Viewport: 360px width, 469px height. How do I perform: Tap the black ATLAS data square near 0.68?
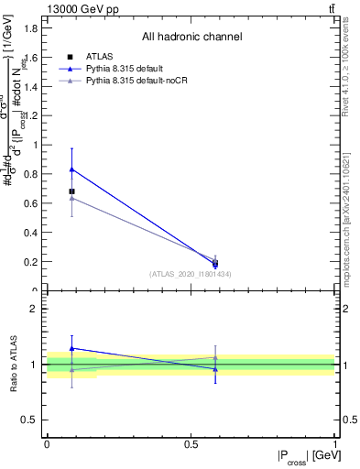click(72, 191)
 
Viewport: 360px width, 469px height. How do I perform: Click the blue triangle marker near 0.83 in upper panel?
click(72, 169)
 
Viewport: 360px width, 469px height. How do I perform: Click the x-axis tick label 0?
click(47, 443)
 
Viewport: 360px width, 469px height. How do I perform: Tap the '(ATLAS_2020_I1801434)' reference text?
click(190, 274)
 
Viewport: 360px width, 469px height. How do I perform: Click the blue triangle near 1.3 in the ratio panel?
click(72, 348)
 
